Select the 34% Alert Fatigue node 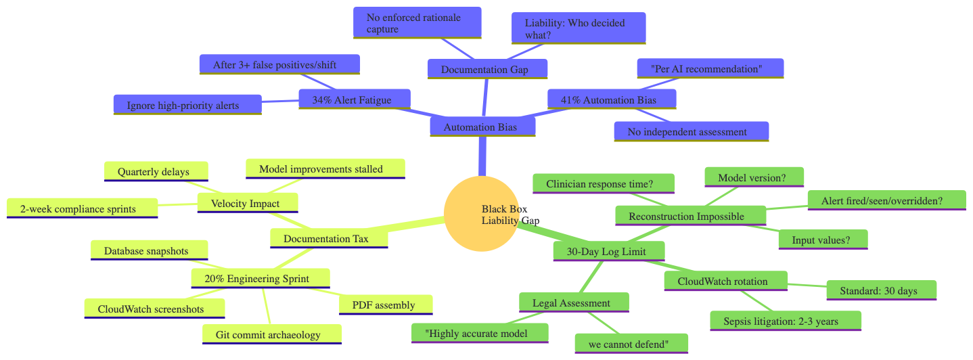click(x=355, y=100)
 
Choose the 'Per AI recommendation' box click(x=710, y=68)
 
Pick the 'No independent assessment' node click(x=691, y=131)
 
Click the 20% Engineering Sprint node click(x=261, y=278)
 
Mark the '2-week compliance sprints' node click(x=82, y=208)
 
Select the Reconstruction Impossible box click(x=686, y=216)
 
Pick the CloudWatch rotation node click(x=725, y=281)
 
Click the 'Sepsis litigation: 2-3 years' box click(x=786, y=321)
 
